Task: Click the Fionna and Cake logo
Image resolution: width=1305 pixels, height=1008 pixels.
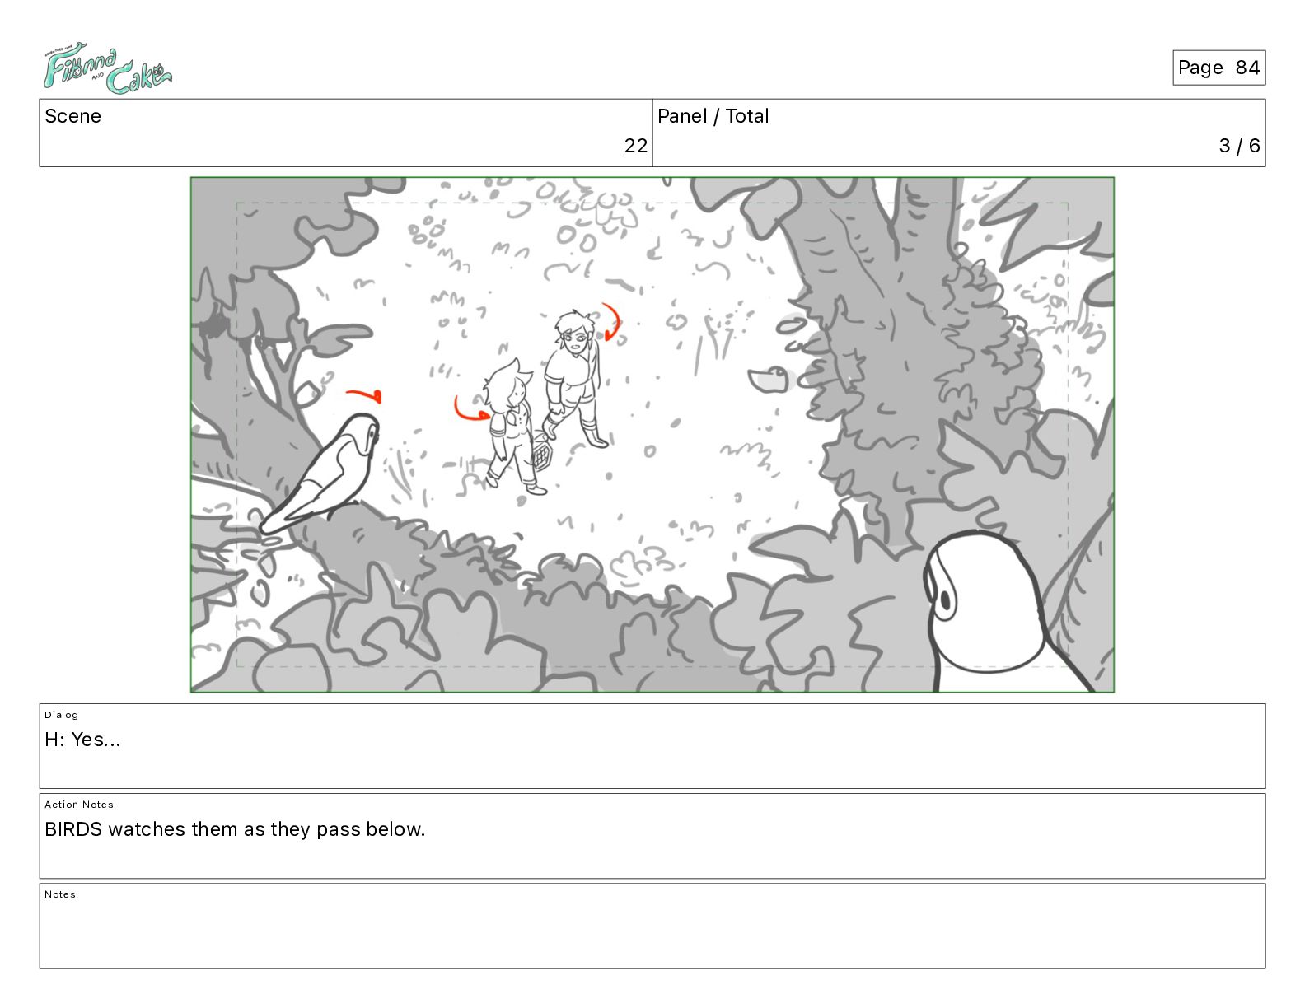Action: (x=107, y=68)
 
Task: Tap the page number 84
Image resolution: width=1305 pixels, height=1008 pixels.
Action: (x=1247, y=68)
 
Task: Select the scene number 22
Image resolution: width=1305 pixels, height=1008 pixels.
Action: (x=635, y=145)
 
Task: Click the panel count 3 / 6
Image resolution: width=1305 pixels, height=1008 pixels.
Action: (x=1239, y=145)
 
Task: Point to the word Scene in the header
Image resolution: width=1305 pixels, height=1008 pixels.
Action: (x=72, y=116)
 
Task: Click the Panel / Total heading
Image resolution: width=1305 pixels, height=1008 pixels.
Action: (x=713, y=116)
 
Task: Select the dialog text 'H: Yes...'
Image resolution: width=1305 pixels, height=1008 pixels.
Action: (x=82, y=740)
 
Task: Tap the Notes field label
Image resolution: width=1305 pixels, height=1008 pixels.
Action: (x=60, y=894)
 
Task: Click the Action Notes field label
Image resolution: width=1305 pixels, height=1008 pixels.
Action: (x=78, y=805)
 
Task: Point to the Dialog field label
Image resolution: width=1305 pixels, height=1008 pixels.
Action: (x=61, y=715)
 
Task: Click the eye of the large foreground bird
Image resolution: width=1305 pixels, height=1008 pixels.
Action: (x=945, y=600)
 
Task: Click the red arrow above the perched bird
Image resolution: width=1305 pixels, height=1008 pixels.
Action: (x=364, y=394)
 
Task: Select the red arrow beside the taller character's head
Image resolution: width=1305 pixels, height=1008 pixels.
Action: (x=612, y=321)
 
